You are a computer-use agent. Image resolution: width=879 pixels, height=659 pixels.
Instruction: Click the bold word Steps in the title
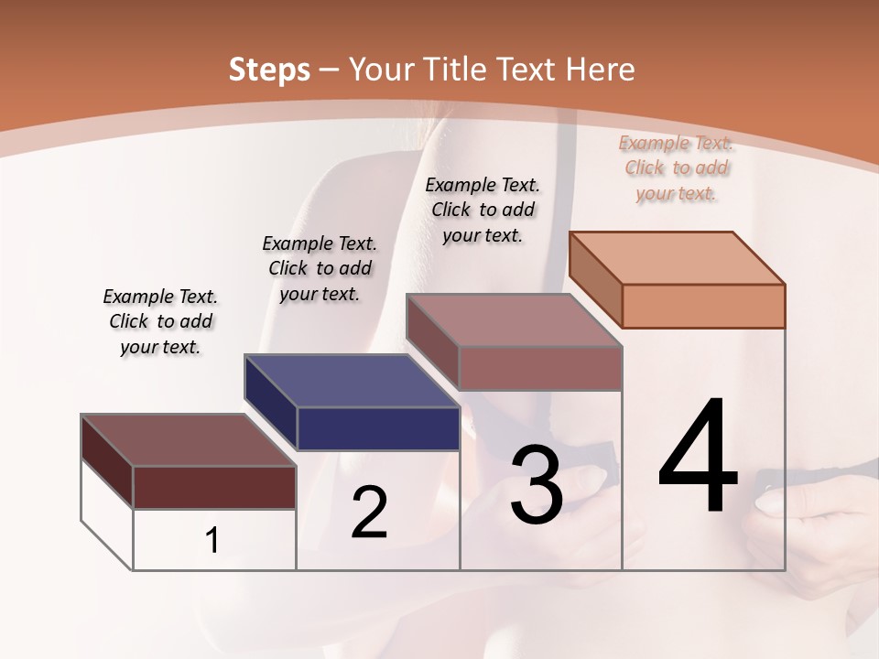coord(269,70)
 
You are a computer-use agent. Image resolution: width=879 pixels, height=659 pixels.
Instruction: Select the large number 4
coord(698,458)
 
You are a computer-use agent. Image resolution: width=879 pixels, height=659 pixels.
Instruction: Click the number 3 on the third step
coord(537,485)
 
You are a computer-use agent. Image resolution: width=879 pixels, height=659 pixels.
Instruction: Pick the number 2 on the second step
coord(369,513)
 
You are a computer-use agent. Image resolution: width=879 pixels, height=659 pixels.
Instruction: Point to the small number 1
coord(212,541)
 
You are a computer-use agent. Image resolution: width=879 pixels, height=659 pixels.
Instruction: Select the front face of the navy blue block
coord(378,428)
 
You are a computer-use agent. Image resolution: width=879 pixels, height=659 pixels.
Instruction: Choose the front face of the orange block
coord(703,306)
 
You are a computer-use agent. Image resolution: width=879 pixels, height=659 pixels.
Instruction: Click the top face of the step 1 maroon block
coord(189,440)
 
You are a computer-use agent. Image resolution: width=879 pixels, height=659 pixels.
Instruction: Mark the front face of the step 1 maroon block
coord(214,487)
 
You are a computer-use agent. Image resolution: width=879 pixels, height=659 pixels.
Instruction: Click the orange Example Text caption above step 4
coord(676,168)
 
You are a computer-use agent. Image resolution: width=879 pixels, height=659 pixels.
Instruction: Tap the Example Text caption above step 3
coord(483,210)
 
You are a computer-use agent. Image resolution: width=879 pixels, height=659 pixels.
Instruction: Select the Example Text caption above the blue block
coord(320,268)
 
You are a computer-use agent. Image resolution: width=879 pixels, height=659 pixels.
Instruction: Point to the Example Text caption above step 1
coord(160,321)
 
